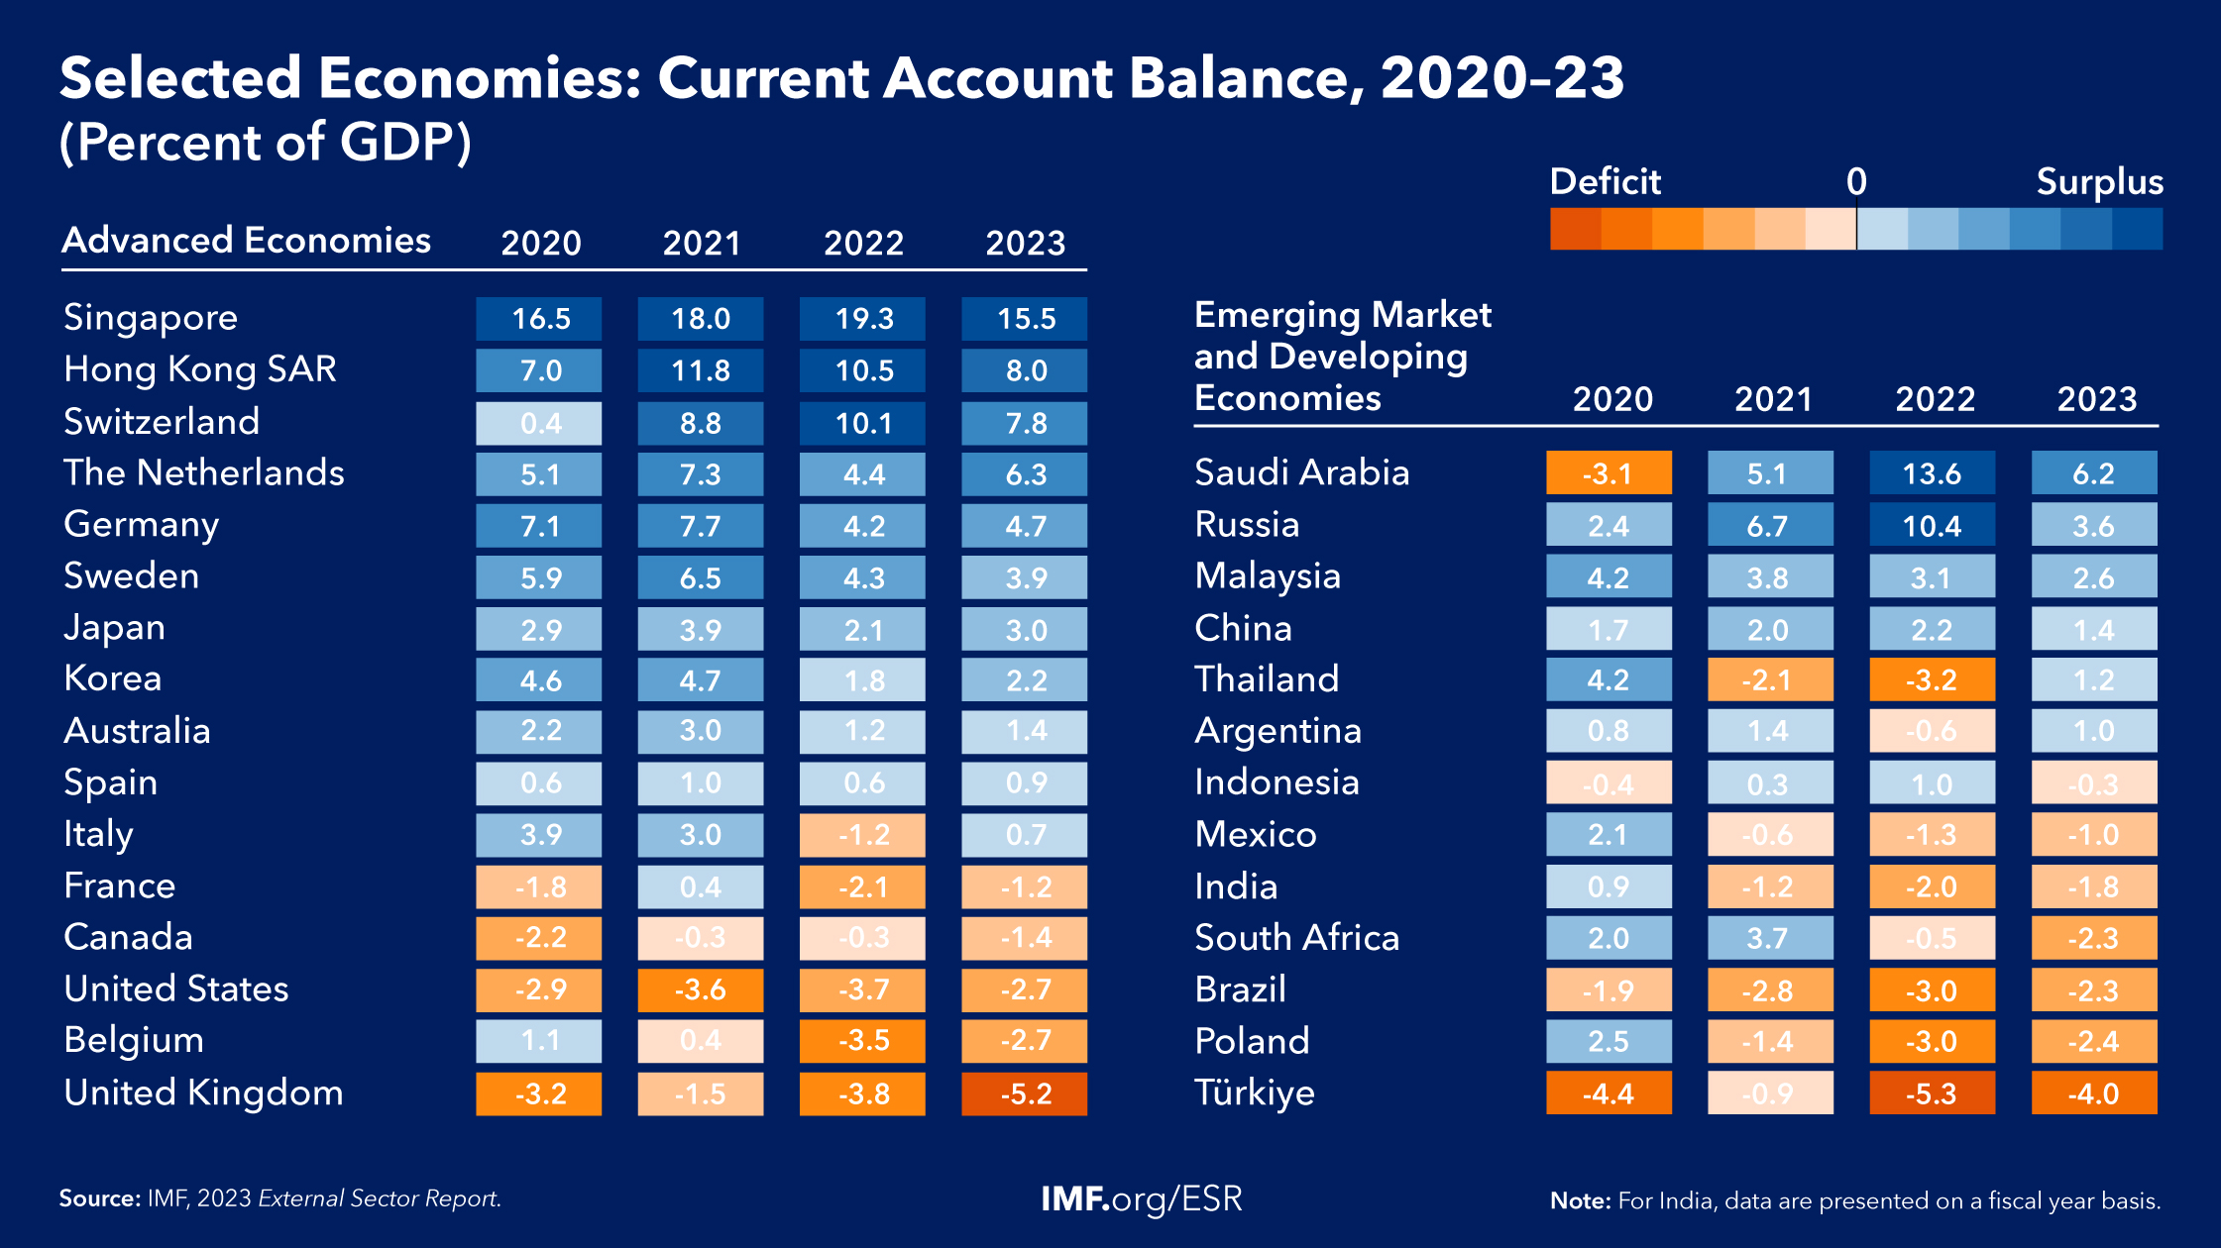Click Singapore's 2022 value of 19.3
pos(862,319)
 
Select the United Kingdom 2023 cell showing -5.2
pos(1024,1093)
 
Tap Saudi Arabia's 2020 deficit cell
pos(1608,473)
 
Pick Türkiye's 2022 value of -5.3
pos(1932,1093)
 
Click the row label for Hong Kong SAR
pos(200,369)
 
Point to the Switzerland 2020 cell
pos(539,423)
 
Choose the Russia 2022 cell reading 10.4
pos(1932,525)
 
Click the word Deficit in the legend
pos(1605,182)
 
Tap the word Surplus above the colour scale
pos(2099,182)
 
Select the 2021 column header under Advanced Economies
pos(702,243)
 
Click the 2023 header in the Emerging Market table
pos(2096,398)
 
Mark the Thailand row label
pos(1267,679)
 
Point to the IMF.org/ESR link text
pos(1141,1198)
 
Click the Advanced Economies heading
pos(247,241)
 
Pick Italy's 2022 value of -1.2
pos(862,835)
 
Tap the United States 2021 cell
pos(701,989)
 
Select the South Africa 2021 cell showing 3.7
pos(1769,938)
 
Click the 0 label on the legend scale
pos(1856,182)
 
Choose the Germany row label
pos(142,525)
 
